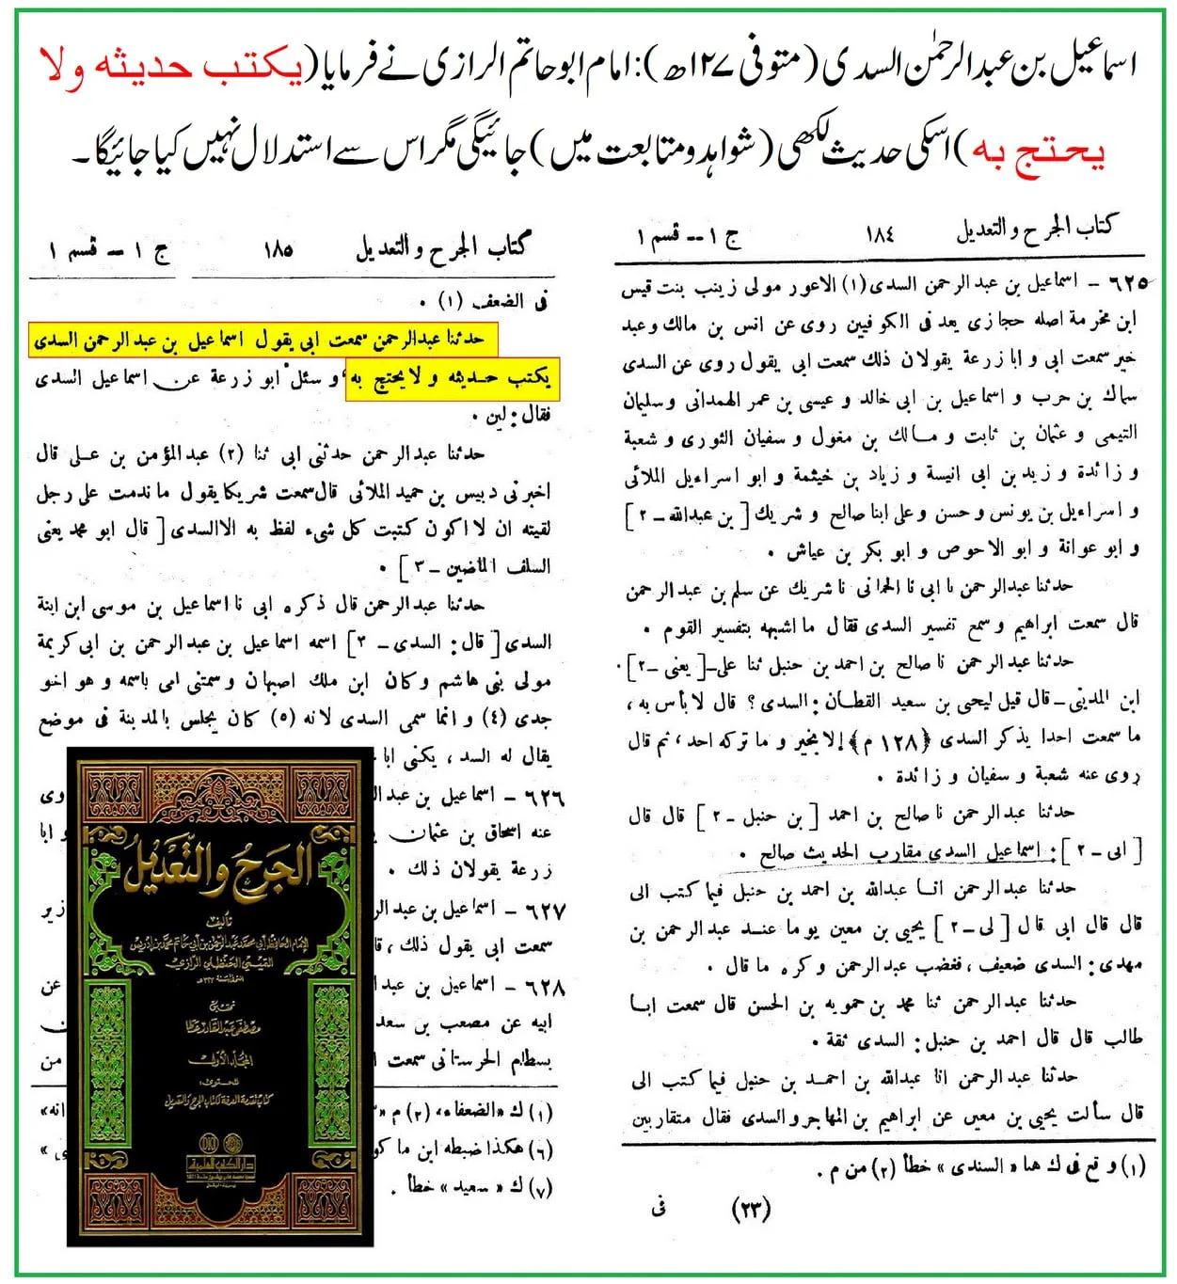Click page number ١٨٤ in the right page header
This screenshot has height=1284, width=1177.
click(881, 233)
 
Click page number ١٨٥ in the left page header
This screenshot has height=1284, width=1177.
click(278, 250)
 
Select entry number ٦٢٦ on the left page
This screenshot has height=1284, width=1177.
click(544, 797)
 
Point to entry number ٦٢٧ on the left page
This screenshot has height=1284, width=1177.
click(544, 911)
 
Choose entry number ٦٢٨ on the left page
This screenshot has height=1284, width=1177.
click(544, 987)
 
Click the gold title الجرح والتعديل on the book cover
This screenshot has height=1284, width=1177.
click(218, 868)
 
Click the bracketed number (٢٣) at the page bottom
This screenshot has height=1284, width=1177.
click(752, 1208)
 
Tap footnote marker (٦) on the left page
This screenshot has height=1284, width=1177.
click(539, 1149)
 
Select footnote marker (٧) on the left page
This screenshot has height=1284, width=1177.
click(539, 1187)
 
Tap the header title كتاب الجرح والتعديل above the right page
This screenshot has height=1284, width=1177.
click(1035, 228)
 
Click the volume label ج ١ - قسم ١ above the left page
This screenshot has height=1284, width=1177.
click(110, 252)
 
